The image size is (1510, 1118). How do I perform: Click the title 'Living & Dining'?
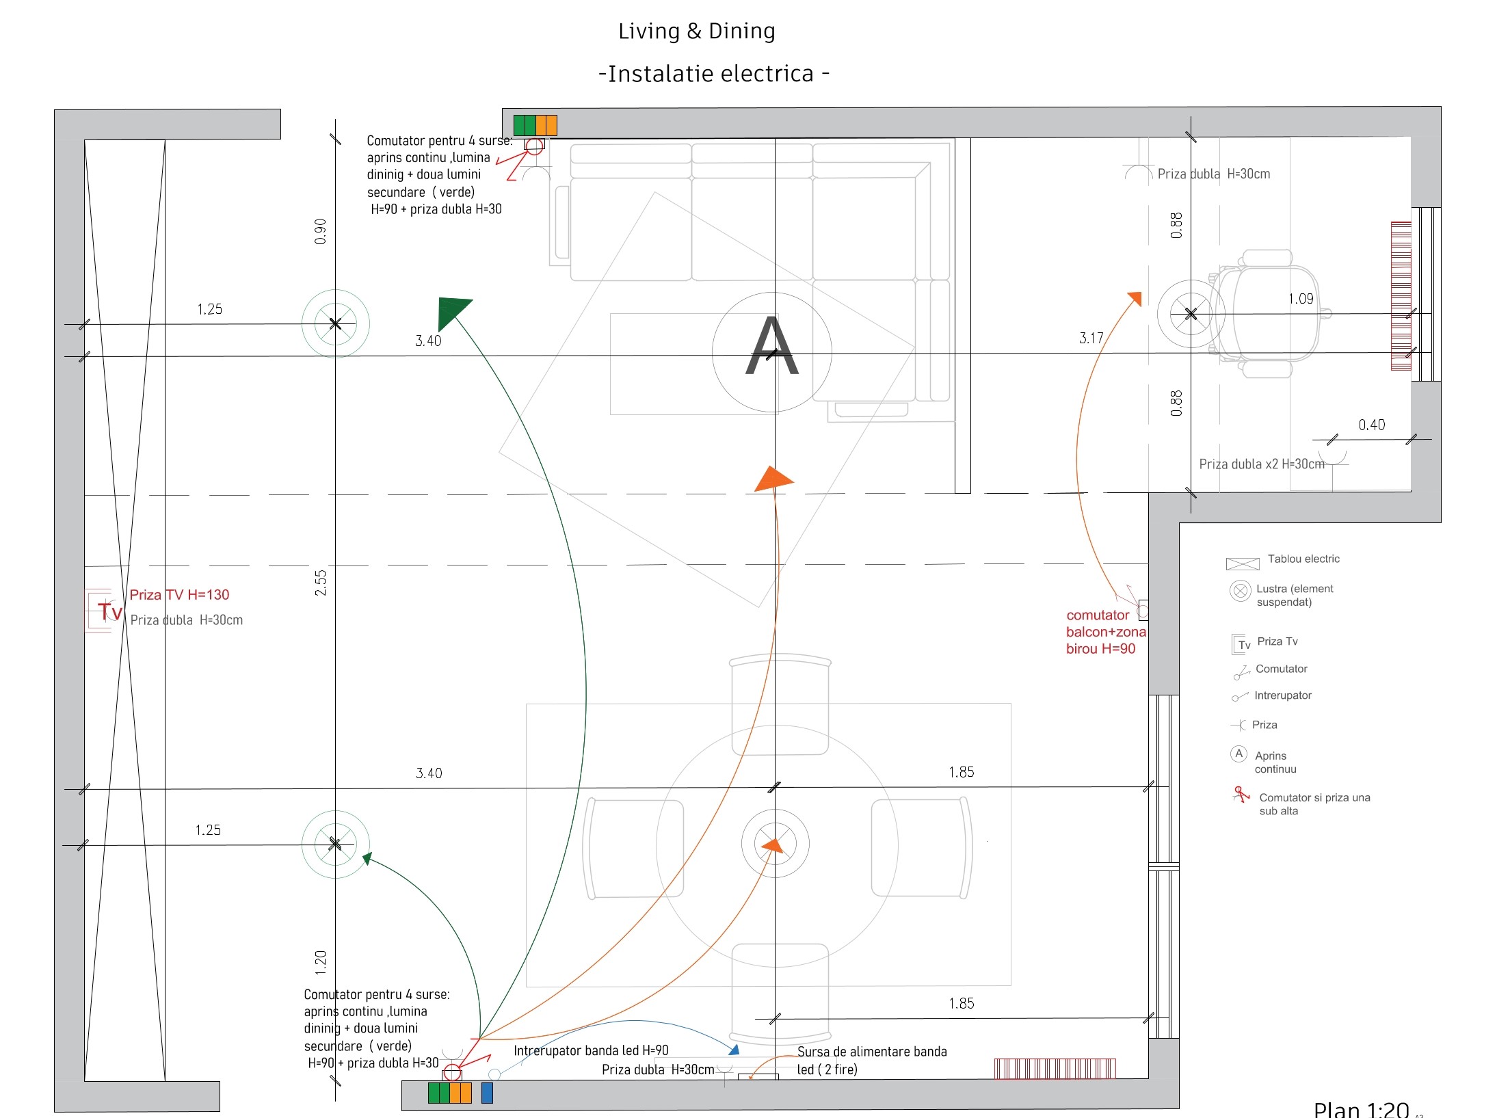click(696, 31)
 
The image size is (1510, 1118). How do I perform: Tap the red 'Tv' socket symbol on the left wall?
click(109, 611)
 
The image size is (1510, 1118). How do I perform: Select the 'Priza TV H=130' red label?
click(179, 595)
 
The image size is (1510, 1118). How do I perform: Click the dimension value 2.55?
click(321, 583)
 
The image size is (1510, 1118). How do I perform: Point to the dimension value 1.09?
click(1301, 299)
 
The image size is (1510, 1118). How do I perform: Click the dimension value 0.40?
click(1372, 425)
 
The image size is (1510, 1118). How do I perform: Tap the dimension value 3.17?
click(1091, 338)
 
